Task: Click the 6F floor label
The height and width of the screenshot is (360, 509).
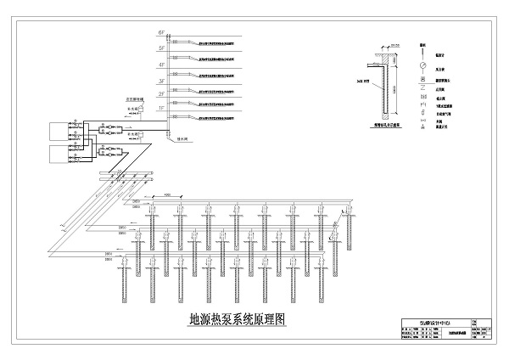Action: tap(161, 32)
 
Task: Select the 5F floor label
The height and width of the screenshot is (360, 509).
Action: tap(161, 48)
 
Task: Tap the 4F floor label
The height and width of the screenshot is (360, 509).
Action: tap(161, 64)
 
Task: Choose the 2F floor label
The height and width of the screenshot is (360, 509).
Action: tap(161, 93)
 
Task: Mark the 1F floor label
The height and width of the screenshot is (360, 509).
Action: tap(161, 109)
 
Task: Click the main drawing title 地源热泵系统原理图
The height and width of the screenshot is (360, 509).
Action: tap(238, 320)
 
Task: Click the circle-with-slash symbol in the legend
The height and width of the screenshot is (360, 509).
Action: tap(422, 62)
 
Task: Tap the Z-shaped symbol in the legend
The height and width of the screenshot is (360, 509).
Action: tap(422, 87)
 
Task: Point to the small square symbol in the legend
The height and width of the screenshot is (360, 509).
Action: tap(422, 75)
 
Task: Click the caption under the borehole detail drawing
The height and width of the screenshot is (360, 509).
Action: tap(387, 124)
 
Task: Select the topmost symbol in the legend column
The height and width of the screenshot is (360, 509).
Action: tap(422, 43)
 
